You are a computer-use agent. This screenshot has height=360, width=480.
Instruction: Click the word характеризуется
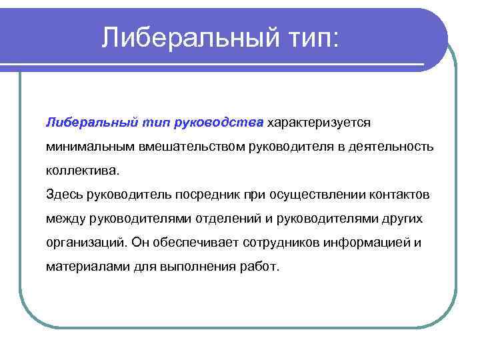click(x=319, y=122)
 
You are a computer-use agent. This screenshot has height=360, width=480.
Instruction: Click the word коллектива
click(x=83, y=170)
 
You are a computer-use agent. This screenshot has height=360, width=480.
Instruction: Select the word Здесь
click(x=63, y=194)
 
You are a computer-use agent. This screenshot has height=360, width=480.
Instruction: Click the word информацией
click(x=364, y=242)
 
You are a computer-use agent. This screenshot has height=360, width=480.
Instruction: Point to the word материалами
click(x=83, y=266)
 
